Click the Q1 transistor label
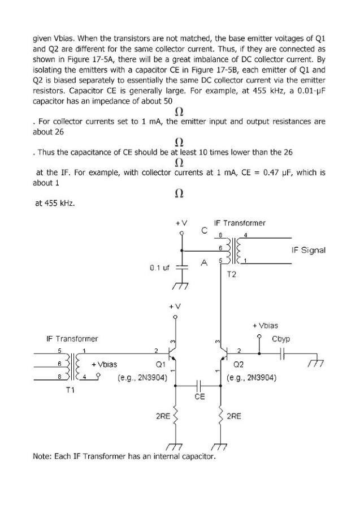coord(160,364)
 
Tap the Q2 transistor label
coord(238,364)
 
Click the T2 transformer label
coord(232,274)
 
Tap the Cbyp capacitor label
coord(281,339)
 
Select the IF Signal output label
coord(308,249)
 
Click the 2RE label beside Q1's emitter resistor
coord(163,416)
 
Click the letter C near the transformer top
coord(204,230)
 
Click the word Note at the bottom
coord(44,456)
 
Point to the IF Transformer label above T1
coord(72,339)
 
